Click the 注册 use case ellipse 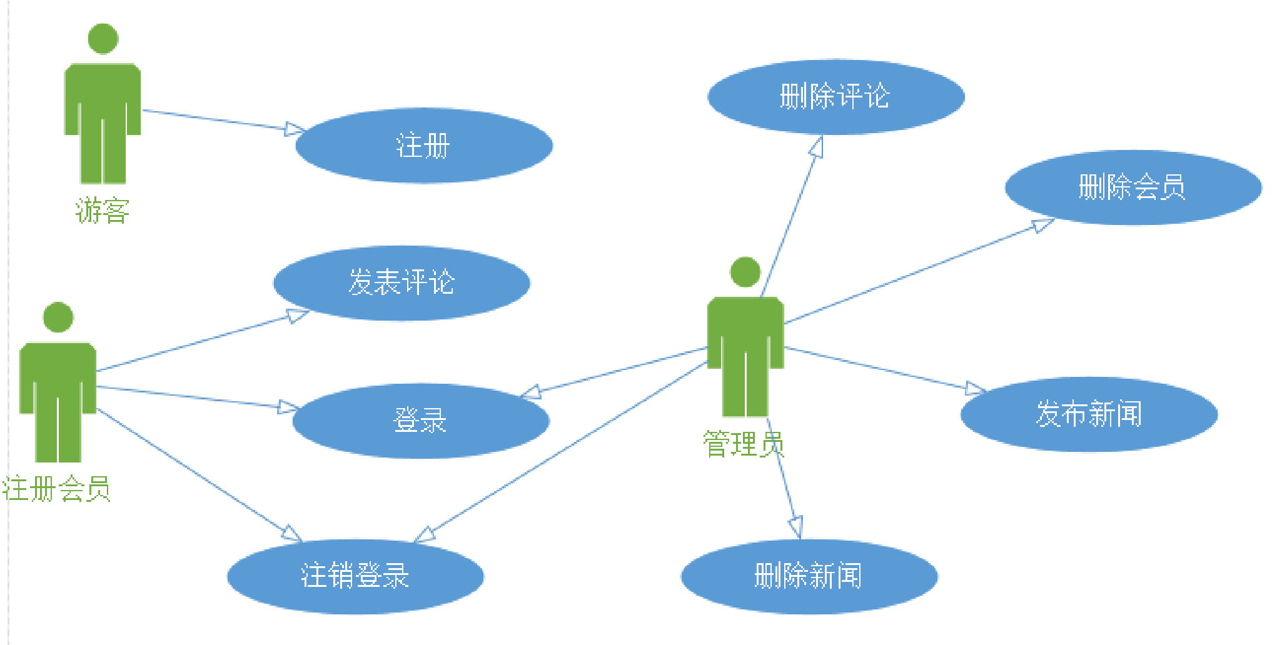(423, 146)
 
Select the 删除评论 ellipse (835, 97)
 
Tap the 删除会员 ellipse (1133, 187)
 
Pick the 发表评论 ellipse (401, 282)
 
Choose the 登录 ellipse (420, 420)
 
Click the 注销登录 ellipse (355, 576)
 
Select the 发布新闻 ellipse (1089, 414)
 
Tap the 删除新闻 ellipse (809, 576)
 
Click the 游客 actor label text (103, 211)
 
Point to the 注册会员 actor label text (56, 489)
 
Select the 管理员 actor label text (744, 444)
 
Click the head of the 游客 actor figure (103, 39)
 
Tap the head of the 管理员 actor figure (745, 272)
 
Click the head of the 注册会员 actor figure (58, 317)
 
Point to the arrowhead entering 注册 (295, 129)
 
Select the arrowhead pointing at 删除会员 (1043, 225)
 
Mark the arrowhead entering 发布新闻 (976, 389)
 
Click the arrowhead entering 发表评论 (298, 316)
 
